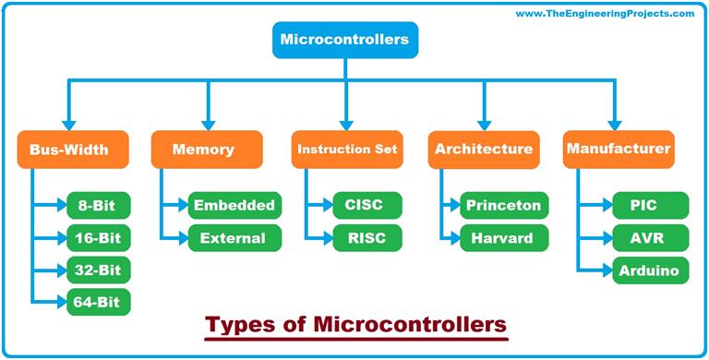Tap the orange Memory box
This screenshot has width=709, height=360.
(204, 150)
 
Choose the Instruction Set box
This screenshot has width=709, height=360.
(348, 150)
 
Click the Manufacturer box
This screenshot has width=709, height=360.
(618, 148)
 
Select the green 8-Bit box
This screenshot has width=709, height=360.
(99, 205)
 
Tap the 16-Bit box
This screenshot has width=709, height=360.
(99, 237)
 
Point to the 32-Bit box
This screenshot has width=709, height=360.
(99, 270)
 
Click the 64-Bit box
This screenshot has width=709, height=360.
(99, 301)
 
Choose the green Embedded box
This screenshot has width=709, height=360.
(232, 205)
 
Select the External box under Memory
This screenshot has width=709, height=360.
(232, 237)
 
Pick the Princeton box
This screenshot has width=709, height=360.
(503, 205)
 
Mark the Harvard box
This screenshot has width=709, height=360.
(503, 237)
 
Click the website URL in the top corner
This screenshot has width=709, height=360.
(605, 14)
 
